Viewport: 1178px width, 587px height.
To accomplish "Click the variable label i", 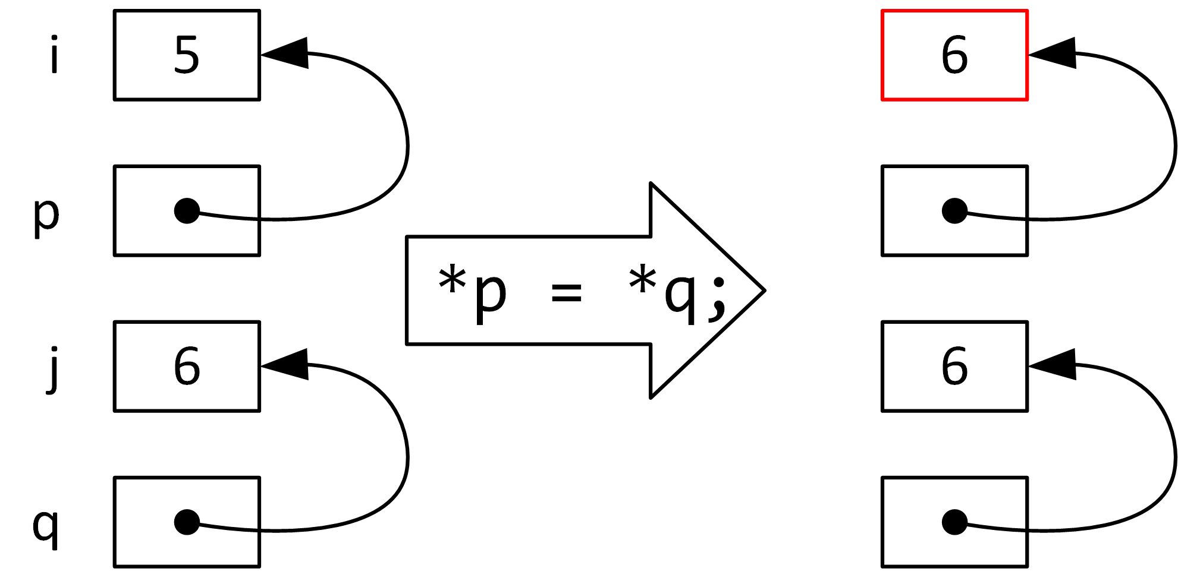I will (x=55, y=55).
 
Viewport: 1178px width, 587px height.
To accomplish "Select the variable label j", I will (x=54, y=370).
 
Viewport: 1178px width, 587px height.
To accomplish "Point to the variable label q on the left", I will (x=46, y=527).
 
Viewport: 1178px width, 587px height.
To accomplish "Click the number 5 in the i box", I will (x=187, y=55).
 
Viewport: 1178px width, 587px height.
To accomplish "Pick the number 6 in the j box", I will (x=187, y=366).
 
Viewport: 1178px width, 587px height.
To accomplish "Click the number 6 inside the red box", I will (x=954, y=55).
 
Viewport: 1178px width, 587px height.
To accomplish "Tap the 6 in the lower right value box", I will (x=954, y=366).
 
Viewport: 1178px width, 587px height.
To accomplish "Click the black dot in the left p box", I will (x=187, y=211).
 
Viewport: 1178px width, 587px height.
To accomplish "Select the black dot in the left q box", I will (x=187, y=522).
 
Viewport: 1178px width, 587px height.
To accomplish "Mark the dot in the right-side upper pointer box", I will (x=954, y=211).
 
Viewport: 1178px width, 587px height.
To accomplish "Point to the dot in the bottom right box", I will (x=954, y=522).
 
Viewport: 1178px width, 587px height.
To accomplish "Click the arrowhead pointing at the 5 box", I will (x=288, y=53).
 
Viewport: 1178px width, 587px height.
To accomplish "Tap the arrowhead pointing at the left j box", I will (x=288, y=364).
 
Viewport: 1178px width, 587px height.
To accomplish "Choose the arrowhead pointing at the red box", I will (x=1056, y=53).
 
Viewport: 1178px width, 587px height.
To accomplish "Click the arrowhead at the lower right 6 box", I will (x=1056, y=364).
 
